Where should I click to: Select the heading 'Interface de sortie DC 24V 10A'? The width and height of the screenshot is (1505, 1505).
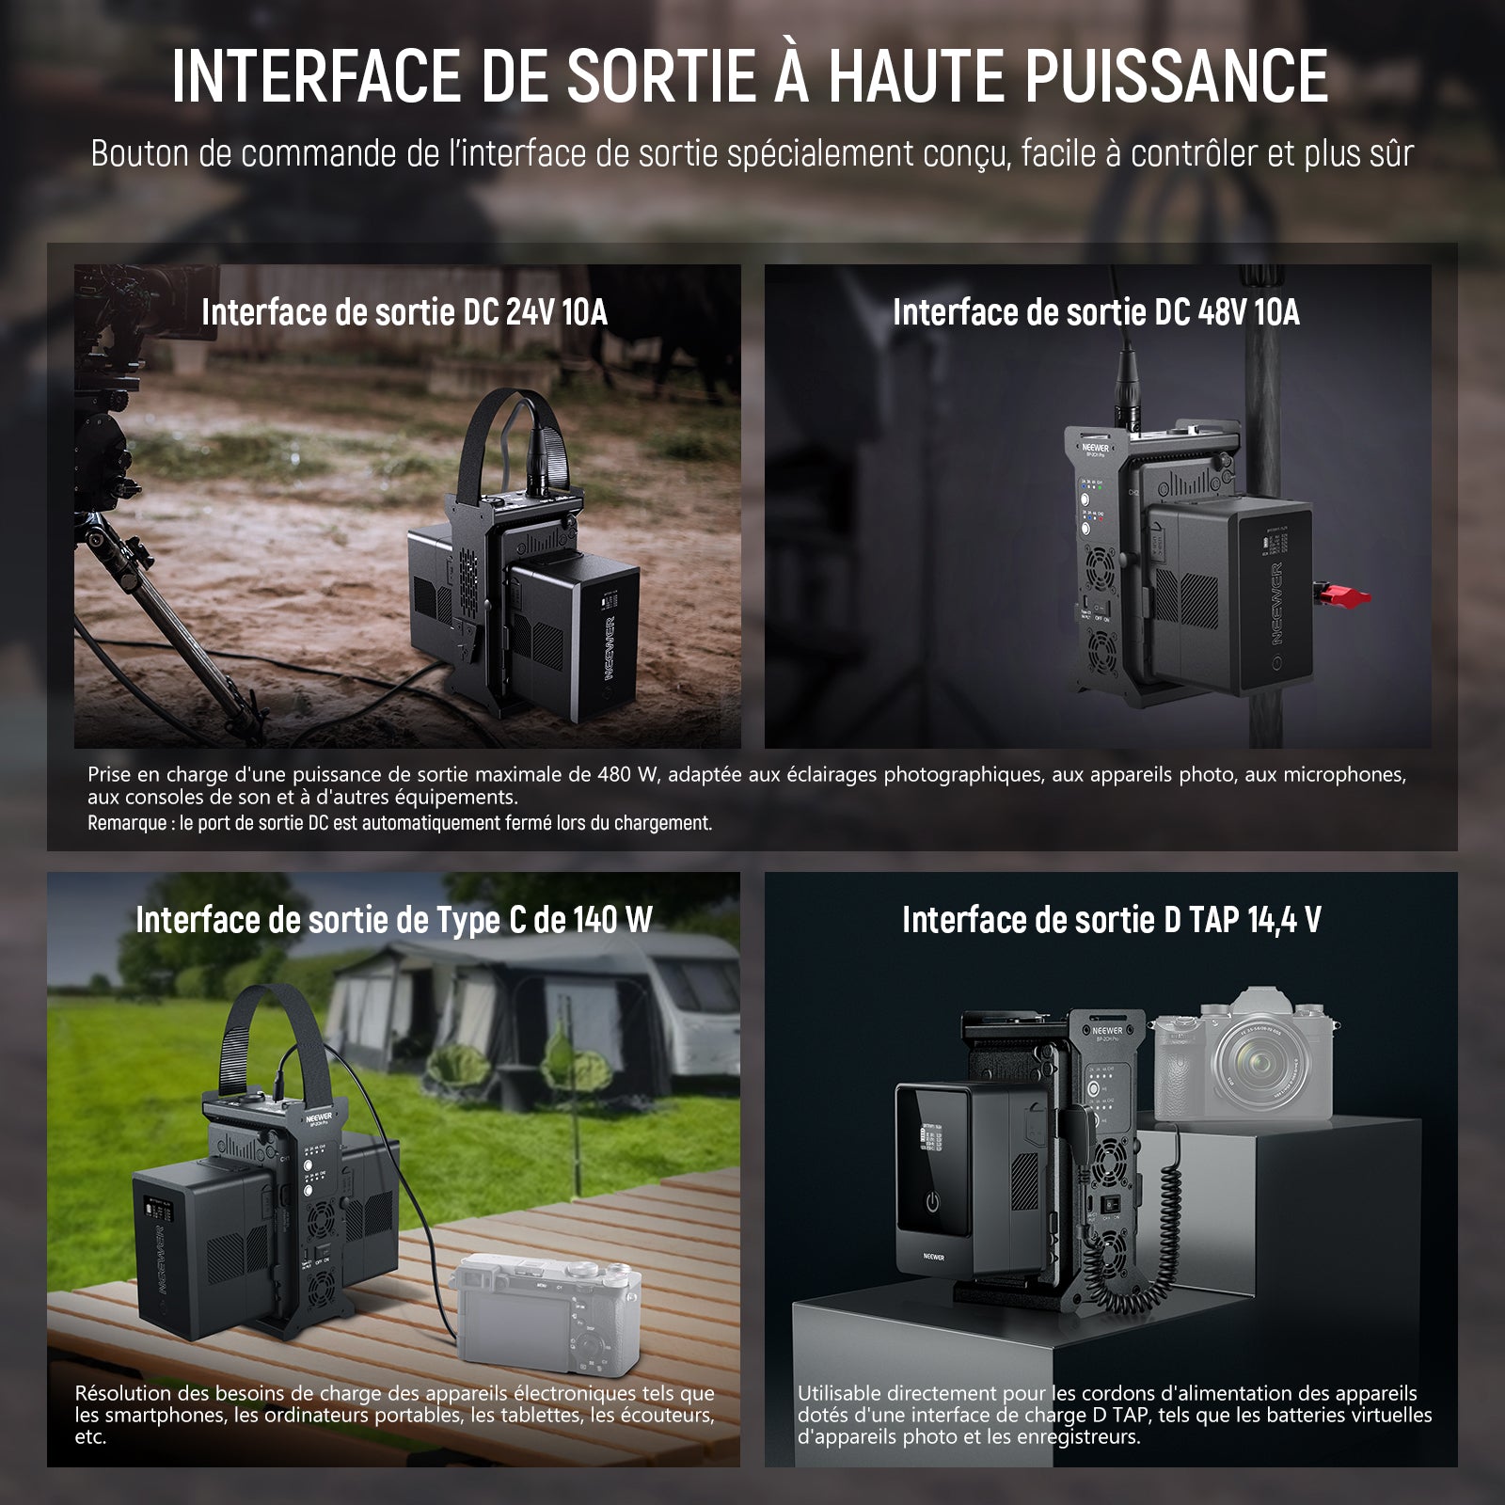click(404, 312)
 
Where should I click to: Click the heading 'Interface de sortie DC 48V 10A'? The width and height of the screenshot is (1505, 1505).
click(1096, 312)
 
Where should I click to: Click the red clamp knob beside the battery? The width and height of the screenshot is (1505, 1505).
click(1341, 596)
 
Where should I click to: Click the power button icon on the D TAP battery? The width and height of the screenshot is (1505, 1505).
click(931, 1203)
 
